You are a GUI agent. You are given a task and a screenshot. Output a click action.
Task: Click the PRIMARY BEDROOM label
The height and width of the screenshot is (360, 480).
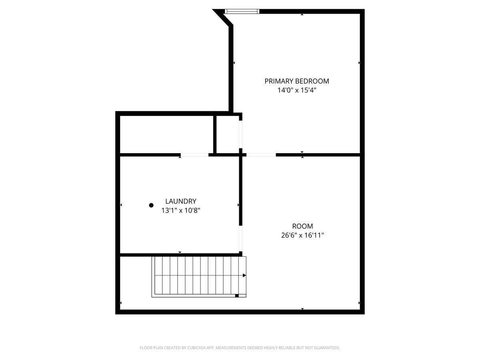point(297,81)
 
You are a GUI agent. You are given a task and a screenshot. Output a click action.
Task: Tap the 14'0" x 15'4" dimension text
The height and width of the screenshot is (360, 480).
point(297,90)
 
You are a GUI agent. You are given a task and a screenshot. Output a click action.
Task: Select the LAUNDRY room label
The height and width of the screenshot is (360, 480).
point(181,201)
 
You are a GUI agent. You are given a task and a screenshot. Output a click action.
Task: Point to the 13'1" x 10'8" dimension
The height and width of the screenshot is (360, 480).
point(181,210)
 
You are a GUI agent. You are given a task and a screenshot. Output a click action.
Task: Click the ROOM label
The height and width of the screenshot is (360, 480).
point(302,226)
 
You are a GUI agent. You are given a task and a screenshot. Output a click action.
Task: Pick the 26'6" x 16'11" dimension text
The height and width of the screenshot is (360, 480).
point(302,235)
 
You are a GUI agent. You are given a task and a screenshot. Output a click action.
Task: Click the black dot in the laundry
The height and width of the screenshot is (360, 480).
point(151,205)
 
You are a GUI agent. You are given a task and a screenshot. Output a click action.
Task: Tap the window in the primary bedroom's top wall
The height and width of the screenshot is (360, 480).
point(242,11)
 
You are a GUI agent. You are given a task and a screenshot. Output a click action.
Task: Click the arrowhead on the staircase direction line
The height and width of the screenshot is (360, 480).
point(244,275)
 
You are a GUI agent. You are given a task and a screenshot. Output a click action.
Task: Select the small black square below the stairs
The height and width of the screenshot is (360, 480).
point(237,296)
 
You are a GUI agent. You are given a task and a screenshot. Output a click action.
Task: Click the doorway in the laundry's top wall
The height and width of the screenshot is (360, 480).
point(194,155)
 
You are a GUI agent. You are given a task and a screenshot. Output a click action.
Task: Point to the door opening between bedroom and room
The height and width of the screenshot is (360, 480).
point(261,155)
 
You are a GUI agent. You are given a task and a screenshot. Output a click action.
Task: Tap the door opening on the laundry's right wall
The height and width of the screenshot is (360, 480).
point(241,239)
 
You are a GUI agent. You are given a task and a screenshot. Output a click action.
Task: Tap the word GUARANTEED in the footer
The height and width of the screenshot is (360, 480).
point(326,348)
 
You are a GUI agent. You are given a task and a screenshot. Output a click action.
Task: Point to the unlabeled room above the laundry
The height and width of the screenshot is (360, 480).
point(166,134)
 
